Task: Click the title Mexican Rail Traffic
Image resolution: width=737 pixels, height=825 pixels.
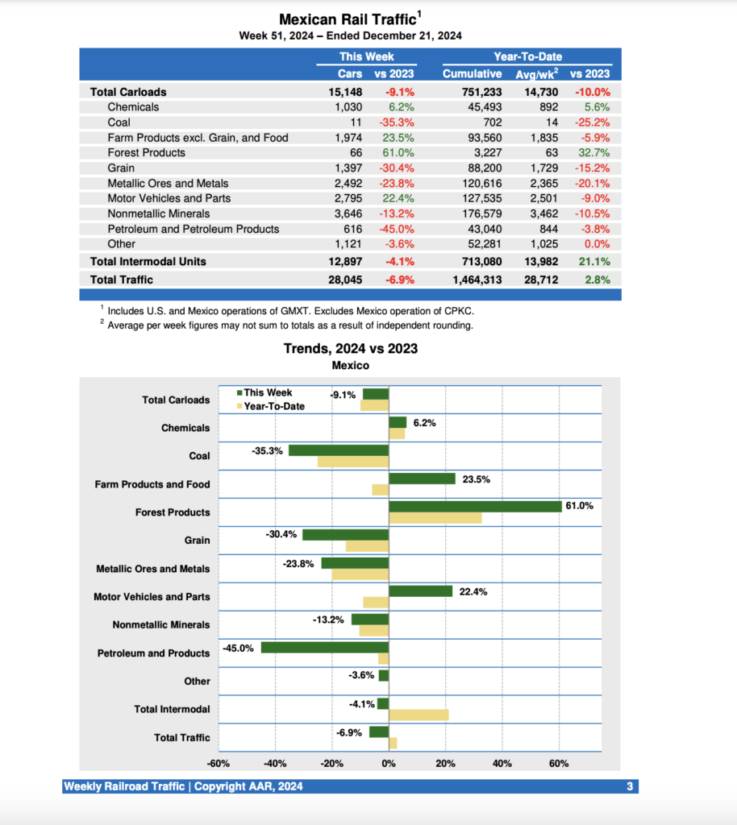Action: (348, 19)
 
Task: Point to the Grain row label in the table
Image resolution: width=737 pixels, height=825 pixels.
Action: (121, 168)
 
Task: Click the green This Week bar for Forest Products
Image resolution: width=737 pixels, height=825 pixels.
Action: (475, 506)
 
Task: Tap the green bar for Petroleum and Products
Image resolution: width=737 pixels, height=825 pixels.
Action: (325, 647)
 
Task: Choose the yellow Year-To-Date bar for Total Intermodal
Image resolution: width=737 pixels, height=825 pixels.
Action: (418, 715)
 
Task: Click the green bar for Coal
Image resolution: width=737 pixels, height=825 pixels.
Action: (339, 450)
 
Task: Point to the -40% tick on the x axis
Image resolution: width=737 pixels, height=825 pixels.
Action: (275, 764)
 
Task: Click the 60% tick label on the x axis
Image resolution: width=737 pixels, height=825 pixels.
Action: (559, 764)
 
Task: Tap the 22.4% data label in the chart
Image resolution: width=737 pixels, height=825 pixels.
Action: (473, 591)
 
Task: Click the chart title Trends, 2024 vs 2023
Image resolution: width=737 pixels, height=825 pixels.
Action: (350, 349)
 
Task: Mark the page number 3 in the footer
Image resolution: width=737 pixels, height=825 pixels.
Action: (629, 786)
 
